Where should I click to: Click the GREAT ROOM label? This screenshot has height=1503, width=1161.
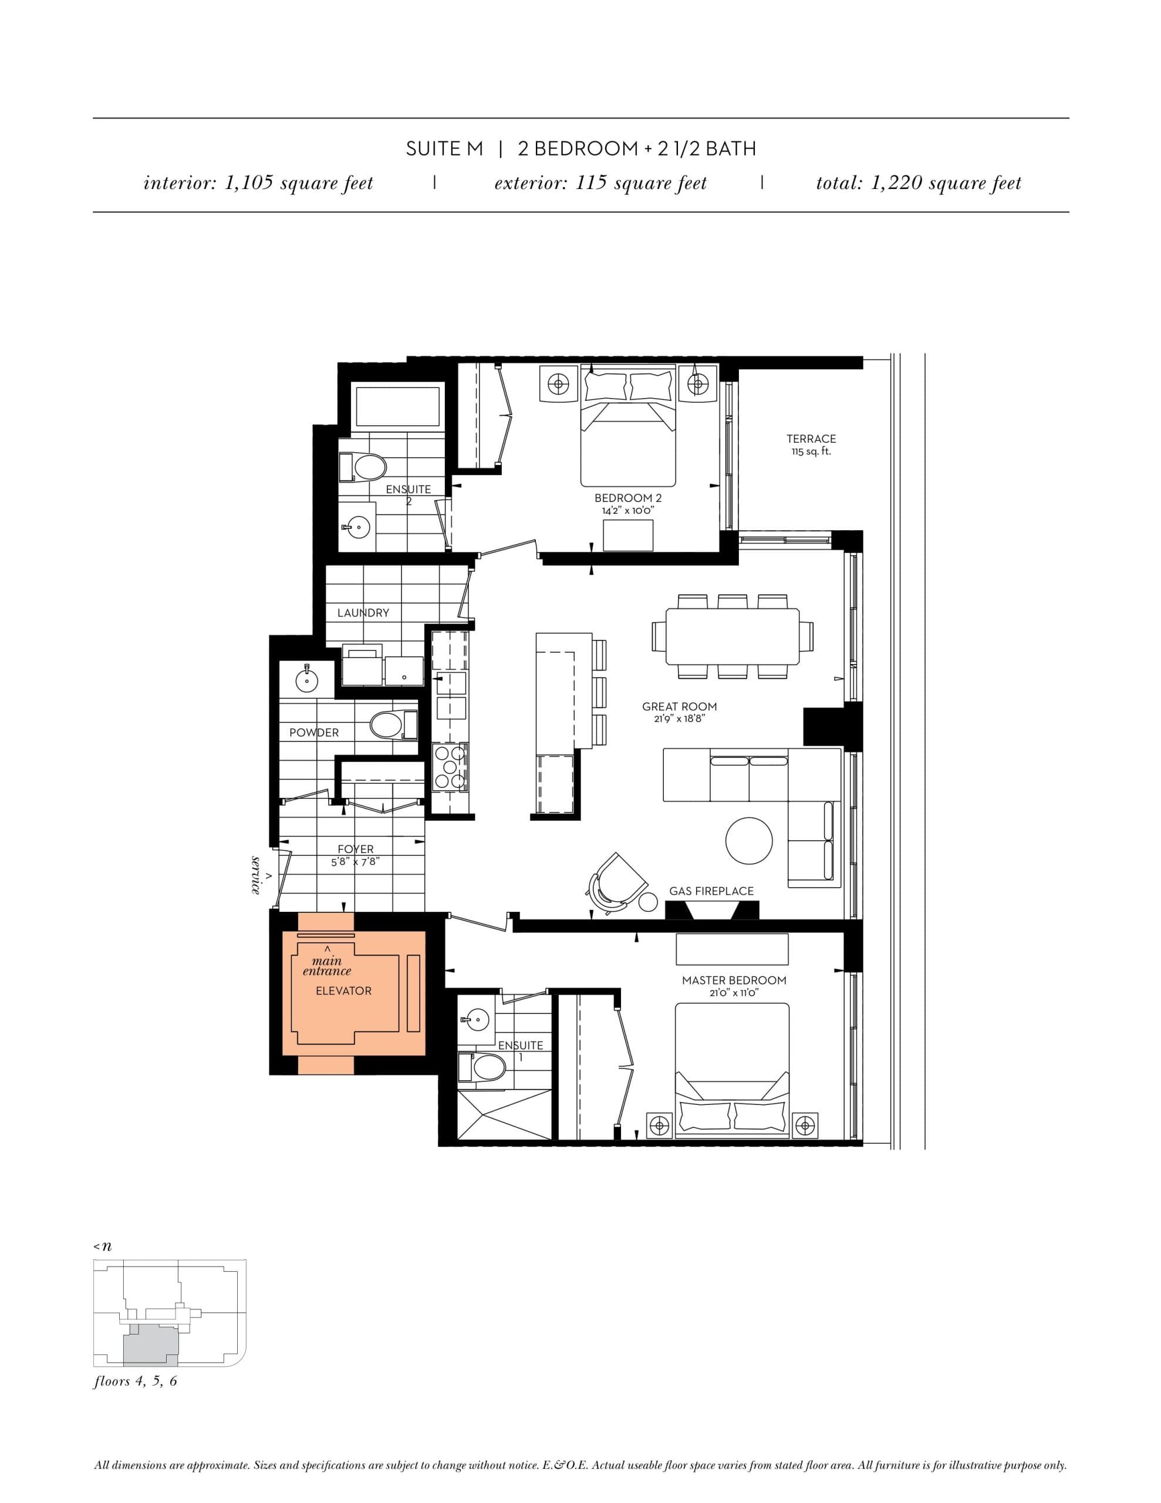click(679, 706)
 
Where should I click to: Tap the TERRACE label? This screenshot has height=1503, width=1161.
click(811, 439)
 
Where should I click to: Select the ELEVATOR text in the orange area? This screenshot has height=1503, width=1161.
click(343, 990)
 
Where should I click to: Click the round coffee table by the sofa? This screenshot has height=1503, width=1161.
click(748, 840)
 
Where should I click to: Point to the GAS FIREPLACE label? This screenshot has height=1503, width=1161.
click(711, 891)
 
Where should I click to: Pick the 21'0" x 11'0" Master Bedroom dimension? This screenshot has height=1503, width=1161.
click(734, 993)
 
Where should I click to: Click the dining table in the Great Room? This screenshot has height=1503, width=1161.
click(733, 635)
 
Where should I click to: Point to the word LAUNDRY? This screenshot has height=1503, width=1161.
click(363, 612)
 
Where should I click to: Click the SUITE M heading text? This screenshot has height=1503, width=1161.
click(444, 149)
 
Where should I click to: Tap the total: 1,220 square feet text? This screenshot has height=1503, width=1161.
click(918, 183)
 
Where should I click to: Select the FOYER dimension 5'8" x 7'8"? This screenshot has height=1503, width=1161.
click(355, 862)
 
